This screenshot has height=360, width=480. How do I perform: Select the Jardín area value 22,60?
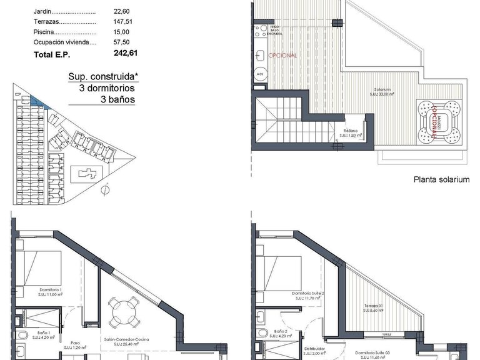point(122,11)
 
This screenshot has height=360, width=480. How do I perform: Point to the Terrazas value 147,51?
point(122,22)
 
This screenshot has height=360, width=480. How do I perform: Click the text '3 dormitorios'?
point(106,89)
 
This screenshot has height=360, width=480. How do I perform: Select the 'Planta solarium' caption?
point(441,179)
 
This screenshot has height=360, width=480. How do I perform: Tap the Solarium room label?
point(383,90)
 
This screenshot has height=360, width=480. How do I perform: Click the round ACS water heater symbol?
point(260,74)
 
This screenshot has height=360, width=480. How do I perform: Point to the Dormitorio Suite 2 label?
point(307,293)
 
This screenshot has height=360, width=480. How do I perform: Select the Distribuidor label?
point(311,349)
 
